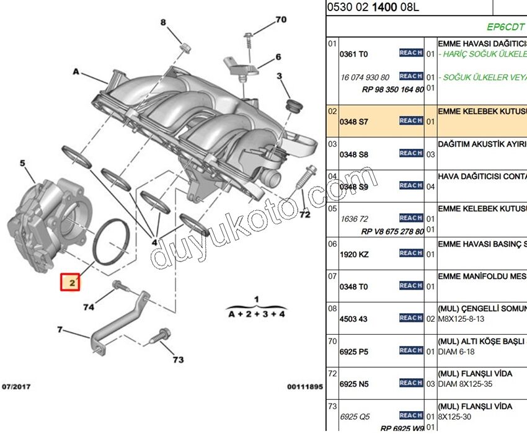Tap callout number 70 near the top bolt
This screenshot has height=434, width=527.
click(281, 20)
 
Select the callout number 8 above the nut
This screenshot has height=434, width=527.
click(164, 23)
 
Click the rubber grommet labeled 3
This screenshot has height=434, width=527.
click(293, 104)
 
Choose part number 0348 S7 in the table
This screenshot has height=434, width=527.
click(353, 122)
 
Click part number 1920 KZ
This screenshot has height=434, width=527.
click(353, 254)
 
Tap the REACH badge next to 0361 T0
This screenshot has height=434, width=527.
click(411, 53)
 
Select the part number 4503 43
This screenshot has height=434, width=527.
click(353, 319)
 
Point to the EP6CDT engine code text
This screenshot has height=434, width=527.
click(506, 27)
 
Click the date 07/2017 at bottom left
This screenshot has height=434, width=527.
click(16, 386)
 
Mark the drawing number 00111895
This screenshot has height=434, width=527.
click(304, 387)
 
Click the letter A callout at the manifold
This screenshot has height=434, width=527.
click(76, 72)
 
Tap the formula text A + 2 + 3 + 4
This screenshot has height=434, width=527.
click(257, 314)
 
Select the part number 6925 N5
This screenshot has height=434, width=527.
click(353, 384)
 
